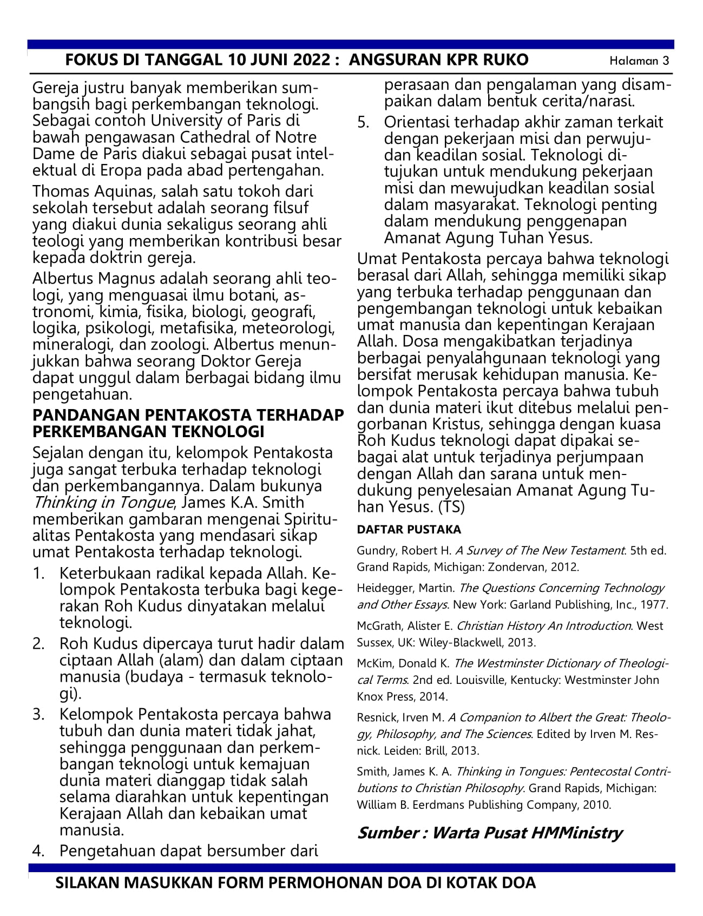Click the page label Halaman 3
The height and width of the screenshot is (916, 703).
(639, 61)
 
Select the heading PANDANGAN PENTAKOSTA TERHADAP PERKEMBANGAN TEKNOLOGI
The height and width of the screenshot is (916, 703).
(188, 423)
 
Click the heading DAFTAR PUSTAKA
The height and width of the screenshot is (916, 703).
(409, 529)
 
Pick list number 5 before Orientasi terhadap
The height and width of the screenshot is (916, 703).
(363, 122)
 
